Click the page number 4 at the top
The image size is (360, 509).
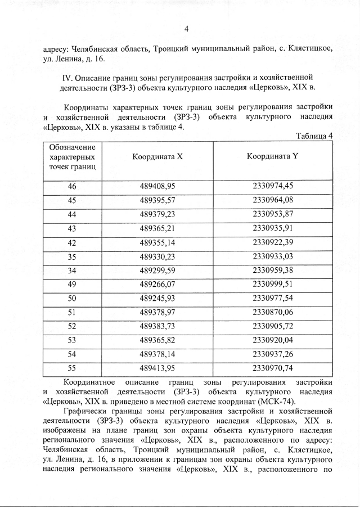[x=186, y=29]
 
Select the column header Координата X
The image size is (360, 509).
[x=157, y=157]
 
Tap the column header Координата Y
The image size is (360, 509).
[x=272, y=157]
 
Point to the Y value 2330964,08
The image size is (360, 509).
[x=273, y=200]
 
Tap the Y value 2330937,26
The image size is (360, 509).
[x=273, y=355]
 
